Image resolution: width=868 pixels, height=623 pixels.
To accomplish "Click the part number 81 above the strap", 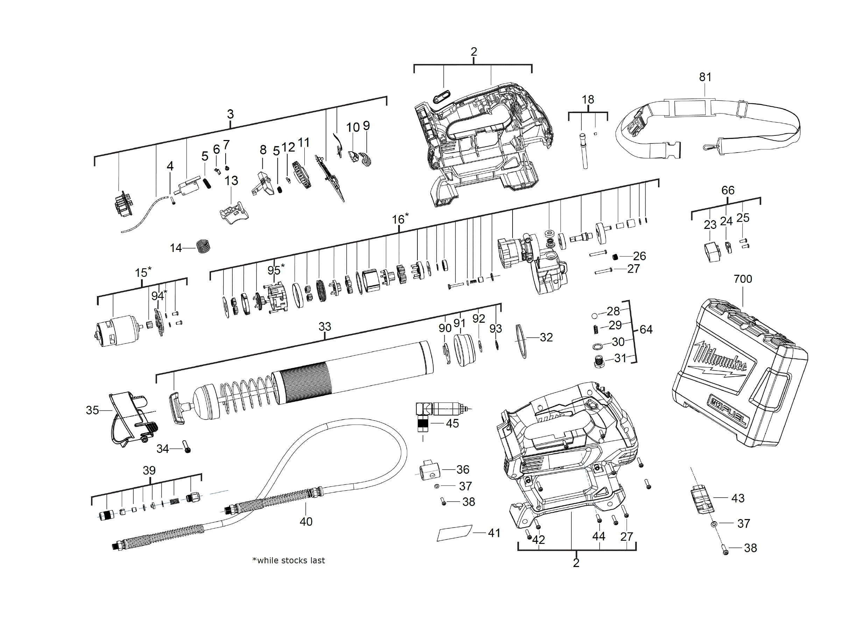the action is (705, 77).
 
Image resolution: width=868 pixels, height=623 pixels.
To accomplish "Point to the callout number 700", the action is (742, 279).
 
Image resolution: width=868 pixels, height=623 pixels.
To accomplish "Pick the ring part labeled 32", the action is (521, 341).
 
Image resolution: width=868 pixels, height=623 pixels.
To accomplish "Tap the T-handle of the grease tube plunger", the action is (176, 407).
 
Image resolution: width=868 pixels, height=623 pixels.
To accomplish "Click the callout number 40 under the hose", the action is (306, 521).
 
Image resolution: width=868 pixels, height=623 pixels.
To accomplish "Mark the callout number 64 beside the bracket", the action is (646, 329).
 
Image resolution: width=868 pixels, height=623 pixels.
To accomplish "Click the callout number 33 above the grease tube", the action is (325, 327).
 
